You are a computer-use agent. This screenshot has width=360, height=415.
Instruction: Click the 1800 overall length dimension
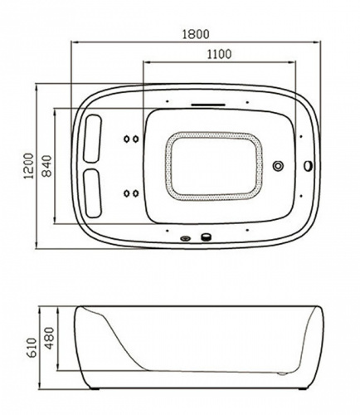(196, 34)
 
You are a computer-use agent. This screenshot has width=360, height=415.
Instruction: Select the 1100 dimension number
(219, 54)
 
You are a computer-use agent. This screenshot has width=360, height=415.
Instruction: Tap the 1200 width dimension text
(28, 166)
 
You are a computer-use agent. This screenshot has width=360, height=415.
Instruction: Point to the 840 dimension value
(47, 166)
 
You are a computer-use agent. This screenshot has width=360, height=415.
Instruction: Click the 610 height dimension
(32, 348)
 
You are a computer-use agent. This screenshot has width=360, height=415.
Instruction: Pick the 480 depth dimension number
(49, 338)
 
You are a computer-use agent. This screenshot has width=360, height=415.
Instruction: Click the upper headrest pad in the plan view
(92, 139)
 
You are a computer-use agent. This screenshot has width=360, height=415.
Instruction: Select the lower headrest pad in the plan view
(92, 193)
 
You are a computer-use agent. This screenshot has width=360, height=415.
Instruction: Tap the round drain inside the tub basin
(278, 166)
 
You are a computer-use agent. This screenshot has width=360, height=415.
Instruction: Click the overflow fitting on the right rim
(308, 166)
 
